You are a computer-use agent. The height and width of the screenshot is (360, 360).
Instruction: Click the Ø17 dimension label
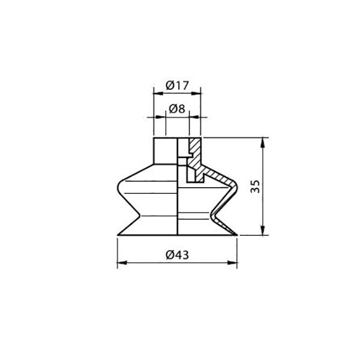click(176, 86)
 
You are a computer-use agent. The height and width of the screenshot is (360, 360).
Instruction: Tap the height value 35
click(255, 186)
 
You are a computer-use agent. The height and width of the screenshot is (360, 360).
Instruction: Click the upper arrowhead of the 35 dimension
click(262, 142)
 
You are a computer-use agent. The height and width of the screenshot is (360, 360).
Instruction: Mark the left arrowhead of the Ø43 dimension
click(119, 262)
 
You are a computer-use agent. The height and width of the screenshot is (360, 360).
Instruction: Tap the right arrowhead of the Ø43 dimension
click(235, 262)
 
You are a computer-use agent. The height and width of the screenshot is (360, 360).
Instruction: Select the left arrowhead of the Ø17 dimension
click(153, 93)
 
